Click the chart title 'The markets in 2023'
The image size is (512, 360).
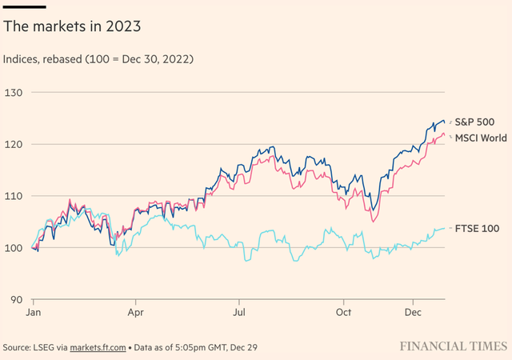[72, 26]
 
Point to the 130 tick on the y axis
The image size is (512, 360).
[13, 93]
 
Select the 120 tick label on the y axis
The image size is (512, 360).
[13, 145]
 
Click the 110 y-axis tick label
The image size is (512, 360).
[13, 196]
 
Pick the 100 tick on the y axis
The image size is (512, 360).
[13, 248]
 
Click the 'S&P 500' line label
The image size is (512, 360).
[474, 122]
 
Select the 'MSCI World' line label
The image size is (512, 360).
[481, 138]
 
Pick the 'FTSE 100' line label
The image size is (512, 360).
[477, 229]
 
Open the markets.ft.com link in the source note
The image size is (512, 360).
[98, 347]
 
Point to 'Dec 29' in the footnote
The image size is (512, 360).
[248, 347]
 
